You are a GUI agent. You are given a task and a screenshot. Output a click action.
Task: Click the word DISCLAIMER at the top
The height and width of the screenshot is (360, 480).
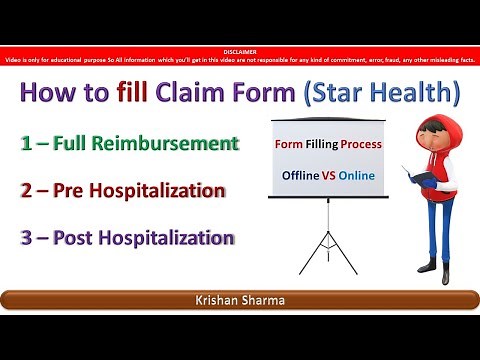[x=239, y=46]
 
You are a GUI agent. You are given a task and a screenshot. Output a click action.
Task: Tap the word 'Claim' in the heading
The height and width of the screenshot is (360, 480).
[x=198, y=97]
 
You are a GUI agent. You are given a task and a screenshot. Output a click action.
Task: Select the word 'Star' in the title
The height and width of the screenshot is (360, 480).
[x=333, y=97]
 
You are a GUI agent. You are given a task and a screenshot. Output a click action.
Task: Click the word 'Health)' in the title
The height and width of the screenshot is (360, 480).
[x=414, y=97]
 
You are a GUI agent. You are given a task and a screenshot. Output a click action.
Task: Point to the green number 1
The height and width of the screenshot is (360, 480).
[x=28, y=146]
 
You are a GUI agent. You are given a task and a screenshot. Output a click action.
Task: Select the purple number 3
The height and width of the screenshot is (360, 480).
[x=28, y=238]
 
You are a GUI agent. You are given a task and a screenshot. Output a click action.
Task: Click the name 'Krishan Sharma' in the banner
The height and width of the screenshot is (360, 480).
[x=240, y=301]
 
